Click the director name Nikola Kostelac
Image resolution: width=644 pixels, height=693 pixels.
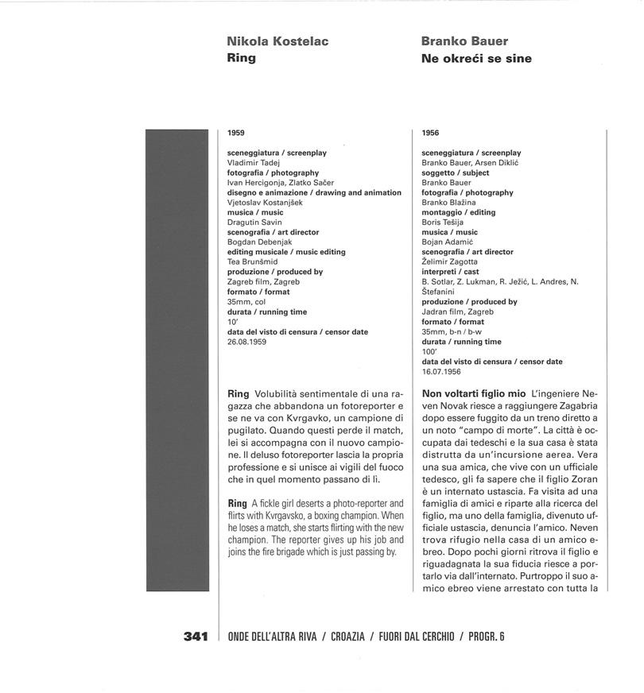pyautogui.click(x=277, y=41)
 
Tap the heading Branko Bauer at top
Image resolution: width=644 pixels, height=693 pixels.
pyautogui.click(x=465, y=41)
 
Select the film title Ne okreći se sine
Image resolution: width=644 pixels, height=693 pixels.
pyautogui.click(x=476, y=59)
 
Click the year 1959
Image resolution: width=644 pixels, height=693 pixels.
pyautogui.click(x=235, y=134)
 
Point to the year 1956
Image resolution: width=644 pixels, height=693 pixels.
pyautogui.click(x=430, y=134)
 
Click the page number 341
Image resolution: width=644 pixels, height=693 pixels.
pyautogui.click(x=196, y=637)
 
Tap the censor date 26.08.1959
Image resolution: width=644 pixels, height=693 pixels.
pyautogui.click(x=246, y=342)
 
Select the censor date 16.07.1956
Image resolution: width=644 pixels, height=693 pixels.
pyautogui.click(x=441, y=371)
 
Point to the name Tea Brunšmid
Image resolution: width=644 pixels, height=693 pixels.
pyautogui.click(x=250, y=262)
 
